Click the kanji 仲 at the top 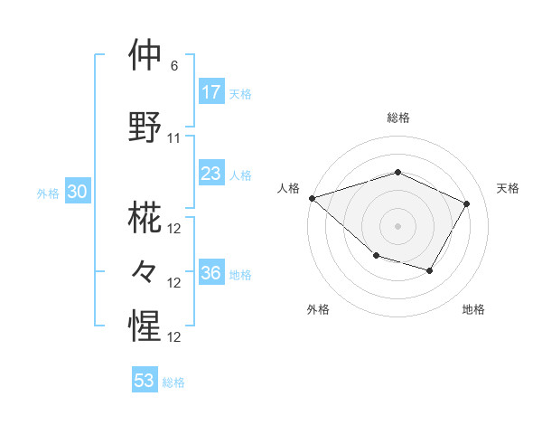click(145, 56)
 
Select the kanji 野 click(145, 126)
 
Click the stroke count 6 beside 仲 click(174, 66)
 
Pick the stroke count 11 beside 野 click(174, 138)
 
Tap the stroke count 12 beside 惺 click(174, 337)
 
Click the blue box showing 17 click(210, 92)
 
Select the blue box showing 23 click(210, 174)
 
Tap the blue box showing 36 click(210, 273)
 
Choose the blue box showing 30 click(77, 192)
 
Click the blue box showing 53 click(144, 381)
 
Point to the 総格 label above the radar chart click(397, 118)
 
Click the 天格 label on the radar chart click(508, 188)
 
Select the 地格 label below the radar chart click(473, 309)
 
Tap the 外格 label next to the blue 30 click(47, 194)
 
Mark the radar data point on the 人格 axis click(312, 198)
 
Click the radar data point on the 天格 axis click(467, 203)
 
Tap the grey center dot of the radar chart click(397, 225)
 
